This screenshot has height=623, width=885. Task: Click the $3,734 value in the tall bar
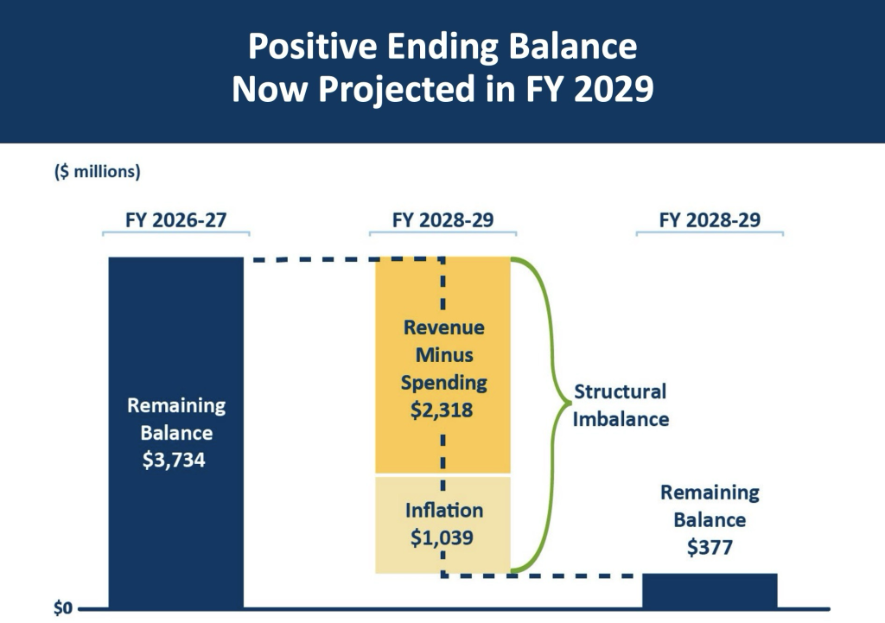click(174, 460)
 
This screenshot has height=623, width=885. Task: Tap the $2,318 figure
click(442, 410)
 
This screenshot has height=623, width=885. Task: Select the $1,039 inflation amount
click(442, 537)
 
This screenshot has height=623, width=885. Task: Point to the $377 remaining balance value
click(710, 547)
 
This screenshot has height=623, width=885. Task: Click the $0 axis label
click(63, 607)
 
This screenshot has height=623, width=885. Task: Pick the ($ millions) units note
click(98, 171)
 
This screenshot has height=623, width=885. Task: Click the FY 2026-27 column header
click(176, 219)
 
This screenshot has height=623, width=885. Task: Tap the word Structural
click(621, 391)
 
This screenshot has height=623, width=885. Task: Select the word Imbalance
click(621, 419)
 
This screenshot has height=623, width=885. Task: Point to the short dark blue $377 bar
click(710, 590)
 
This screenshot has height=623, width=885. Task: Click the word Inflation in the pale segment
click(444, 510)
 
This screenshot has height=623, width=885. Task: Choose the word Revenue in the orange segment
click(444, 327)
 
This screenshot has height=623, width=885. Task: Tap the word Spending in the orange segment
click(444, 383)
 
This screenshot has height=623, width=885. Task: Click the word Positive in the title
click(313, 46)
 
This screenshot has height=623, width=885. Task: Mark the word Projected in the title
click(397, 90)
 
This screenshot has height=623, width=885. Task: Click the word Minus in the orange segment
click(444, 355)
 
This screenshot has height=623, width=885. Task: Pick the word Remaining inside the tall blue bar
click(176, 406)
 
